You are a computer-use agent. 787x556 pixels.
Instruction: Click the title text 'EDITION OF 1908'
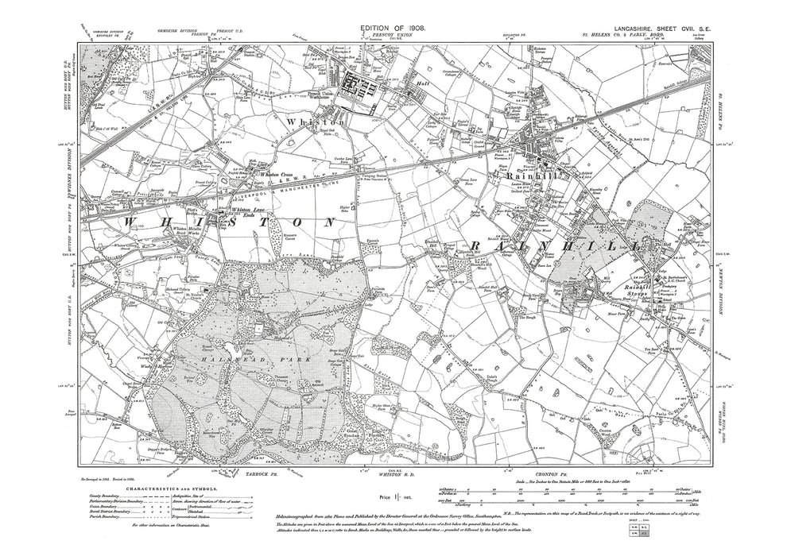tap(393, 28)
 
